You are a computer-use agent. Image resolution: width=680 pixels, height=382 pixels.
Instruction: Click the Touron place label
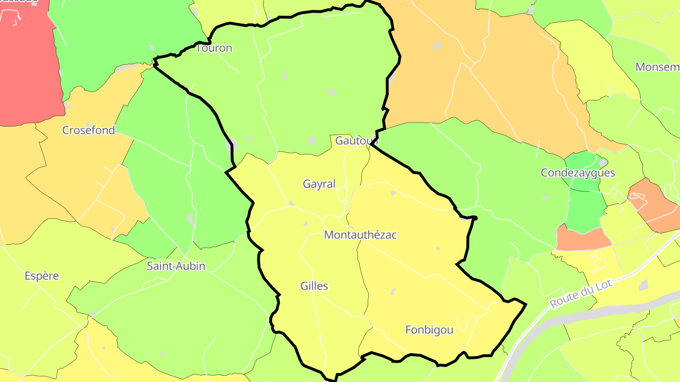[x=214, y=48]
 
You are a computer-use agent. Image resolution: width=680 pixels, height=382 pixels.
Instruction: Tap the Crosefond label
[x=89, y=130]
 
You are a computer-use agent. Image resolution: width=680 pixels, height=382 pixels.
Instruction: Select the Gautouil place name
[x=357, y=141]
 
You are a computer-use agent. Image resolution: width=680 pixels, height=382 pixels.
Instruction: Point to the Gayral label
[x=319, y=184]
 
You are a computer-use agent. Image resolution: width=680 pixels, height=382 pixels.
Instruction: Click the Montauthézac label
[x=360, y=235]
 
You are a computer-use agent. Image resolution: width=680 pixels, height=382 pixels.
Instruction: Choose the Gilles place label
[x=314, y=286]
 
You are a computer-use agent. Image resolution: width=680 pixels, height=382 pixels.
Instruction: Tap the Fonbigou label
[x=429, y=330]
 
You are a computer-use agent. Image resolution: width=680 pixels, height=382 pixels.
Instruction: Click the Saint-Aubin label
[x=176, y=266]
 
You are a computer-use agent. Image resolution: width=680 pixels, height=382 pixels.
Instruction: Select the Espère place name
[x=42, y=276]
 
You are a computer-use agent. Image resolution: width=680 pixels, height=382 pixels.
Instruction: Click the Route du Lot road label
[x=581, y=293]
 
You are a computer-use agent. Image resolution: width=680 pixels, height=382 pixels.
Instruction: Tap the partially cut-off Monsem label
[x=657, y=67]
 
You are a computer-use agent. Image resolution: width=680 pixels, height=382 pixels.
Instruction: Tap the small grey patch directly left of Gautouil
[x=312, y=141]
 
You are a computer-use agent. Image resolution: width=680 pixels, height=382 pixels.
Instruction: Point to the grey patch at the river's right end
[x=643, y=285]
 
